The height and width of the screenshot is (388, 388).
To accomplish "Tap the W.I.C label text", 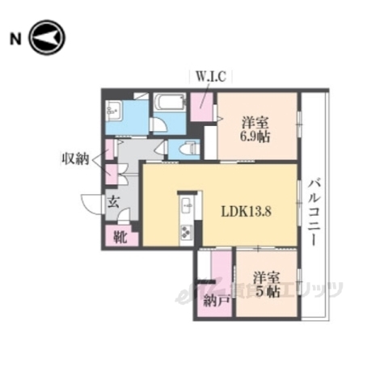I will (x=213, y=78).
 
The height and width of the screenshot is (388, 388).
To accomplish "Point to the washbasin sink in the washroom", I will (x=113, y=110).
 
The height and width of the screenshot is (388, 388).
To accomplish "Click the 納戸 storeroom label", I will (x=214, y=302).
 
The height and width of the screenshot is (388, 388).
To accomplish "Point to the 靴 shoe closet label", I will (x=120, y=238).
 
